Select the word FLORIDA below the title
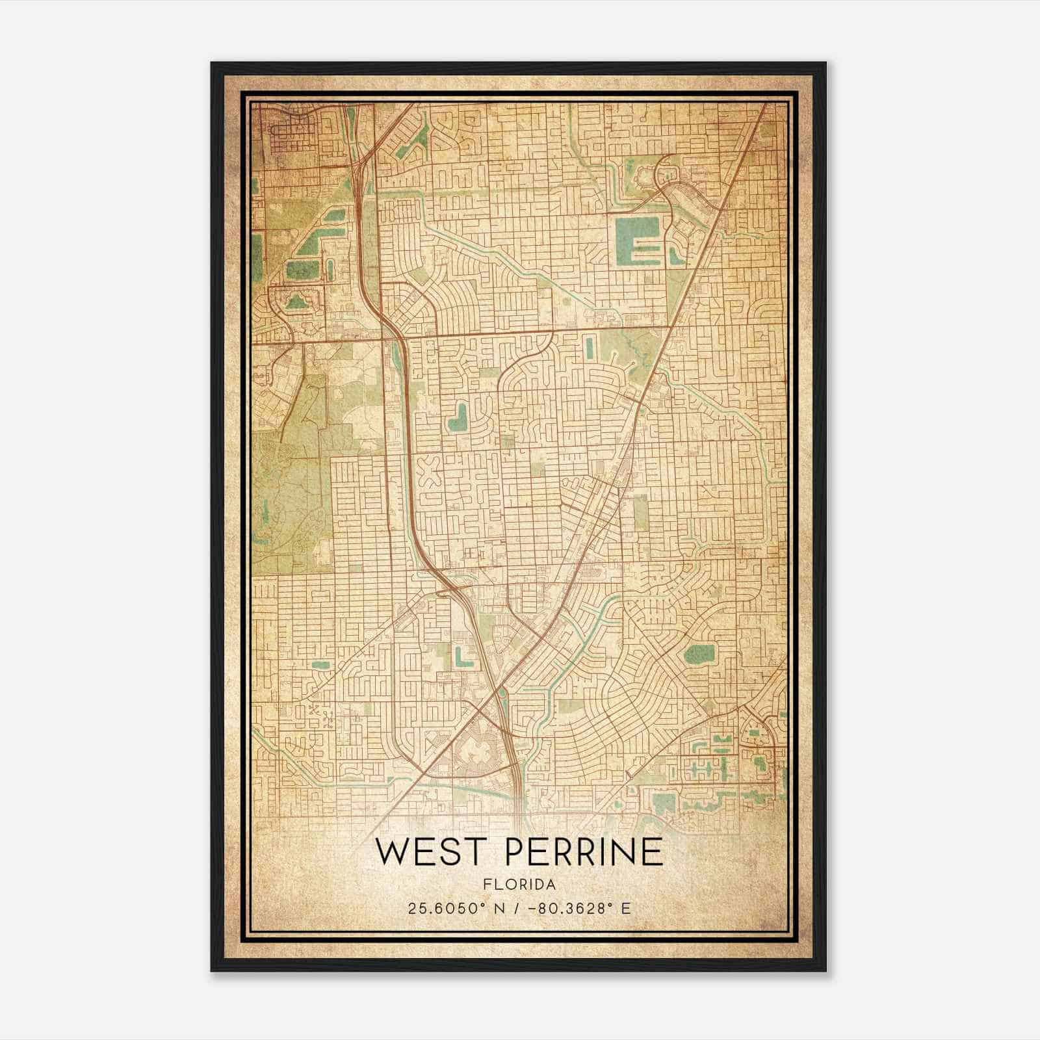click(x=519, y=885)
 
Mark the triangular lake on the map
click(x=296, y=300)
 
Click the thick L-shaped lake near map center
click(x=459, y=419)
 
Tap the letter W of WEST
click(x=391, y=852)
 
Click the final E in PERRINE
click(x=653, y=852)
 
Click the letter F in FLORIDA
click(x=486, y=885)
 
